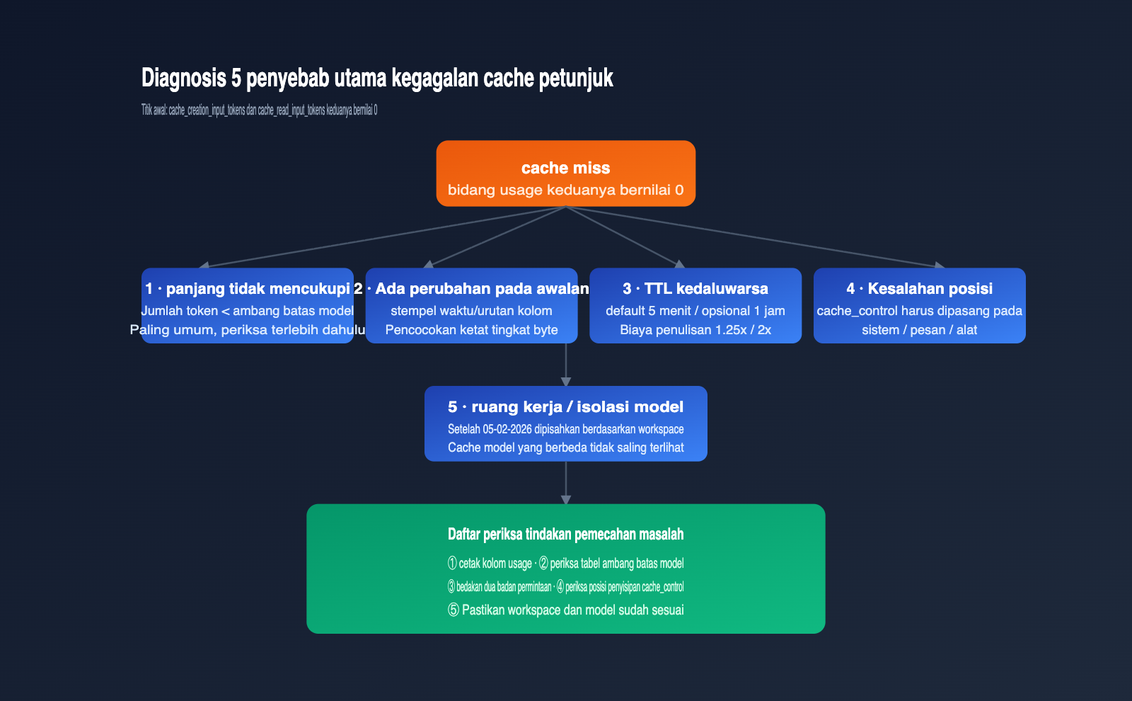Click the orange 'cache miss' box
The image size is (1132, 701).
click(x=565, y=173)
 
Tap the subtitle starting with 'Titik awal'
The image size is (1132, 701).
click(x=259, y=110)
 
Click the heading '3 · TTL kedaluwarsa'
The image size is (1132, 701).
click(x=695, y=288)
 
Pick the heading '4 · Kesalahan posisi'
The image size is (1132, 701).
click(x=919, y=288)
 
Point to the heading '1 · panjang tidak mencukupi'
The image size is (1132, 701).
click(x=248, y=289)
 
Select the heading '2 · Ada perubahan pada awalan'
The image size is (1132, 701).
click(x=471, y=289)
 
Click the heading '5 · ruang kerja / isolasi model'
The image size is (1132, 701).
click(x=565, y=406)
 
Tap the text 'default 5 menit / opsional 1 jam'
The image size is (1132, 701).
click(x=695, y=311)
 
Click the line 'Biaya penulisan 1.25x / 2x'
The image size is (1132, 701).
click(x=695, y=330)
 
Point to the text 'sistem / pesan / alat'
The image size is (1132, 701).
click(x=919, y=330)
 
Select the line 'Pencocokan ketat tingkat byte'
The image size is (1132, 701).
click(x=471, y=330)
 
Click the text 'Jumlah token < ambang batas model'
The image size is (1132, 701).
click(x=248, y=311)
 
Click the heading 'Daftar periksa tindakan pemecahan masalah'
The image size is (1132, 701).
click(x=565, y=534)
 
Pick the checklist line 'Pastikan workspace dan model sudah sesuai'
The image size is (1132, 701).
click(x=572, y=610)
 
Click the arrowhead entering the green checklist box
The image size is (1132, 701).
click(x=566, y=500)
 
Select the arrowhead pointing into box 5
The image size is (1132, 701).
click(x=566, y=382)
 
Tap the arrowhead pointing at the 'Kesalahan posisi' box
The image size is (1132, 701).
click(x=940, y=265)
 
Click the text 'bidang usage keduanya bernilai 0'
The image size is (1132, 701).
click(x=565, y=190)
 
